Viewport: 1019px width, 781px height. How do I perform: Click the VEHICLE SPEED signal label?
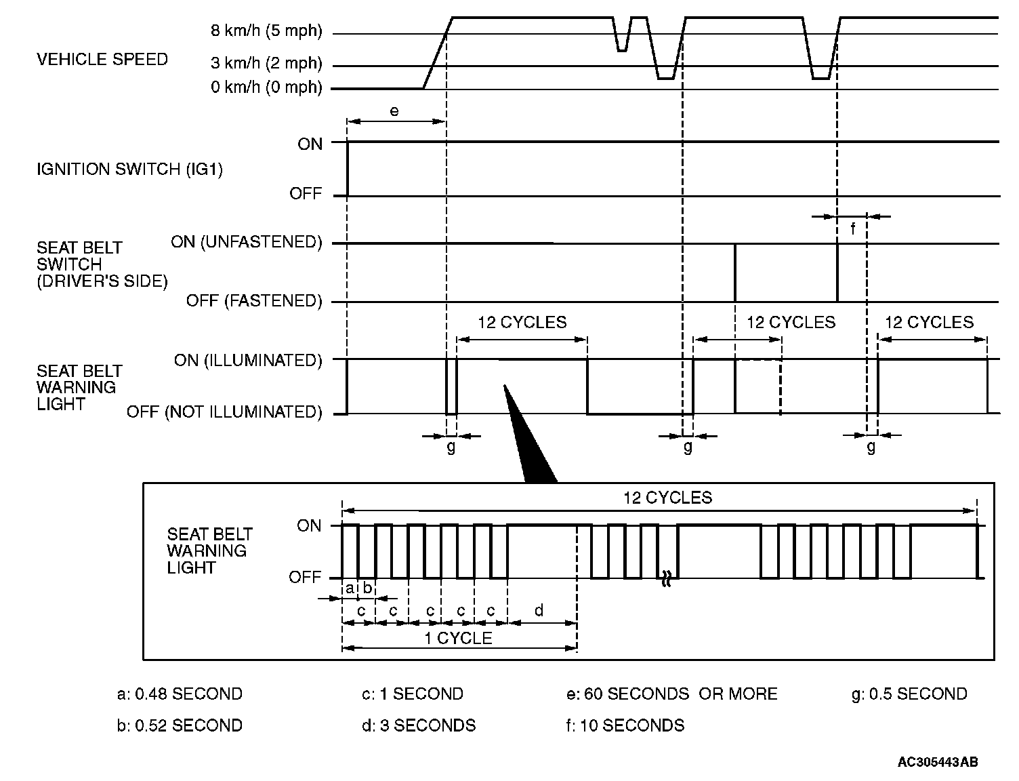pos(102,60)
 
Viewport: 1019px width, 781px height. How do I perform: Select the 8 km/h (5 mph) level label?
pos(266,31)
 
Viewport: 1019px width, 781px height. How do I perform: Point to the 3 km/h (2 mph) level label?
pos(266,64)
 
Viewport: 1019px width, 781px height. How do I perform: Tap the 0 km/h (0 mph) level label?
pos(266,88)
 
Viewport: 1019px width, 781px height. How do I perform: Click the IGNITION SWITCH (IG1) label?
pos(129,169)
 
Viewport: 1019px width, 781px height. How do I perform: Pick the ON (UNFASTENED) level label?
pos(247,242)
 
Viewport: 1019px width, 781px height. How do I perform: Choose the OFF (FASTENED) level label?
pos(254,300)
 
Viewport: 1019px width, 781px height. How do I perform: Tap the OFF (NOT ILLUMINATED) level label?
pos(224,412)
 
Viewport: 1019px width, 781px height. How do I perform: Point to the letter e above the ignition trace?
pos(394,111)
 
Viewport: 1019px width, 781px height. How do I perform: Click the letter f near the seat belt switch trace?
pos(852,229)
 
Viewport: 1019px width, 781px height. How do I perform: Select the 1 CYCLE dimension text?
pos(458,639)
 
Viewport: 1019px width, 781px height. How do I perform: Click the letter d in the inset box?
pos(539,611)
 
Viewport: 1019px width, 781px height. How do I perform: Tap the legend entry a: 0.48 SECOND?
pos(180,694)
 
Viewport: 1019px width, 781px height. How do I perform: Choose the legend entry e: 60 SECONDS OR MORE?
pos(671,694)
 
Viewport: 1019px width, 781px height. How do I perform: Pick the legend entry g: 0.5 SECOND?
pos(909,694)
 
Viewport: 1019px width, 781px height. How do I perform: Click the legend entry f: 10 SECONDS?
pos(625,725)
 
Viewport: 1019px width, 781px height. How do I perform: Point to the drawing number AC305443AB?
pos(938,763)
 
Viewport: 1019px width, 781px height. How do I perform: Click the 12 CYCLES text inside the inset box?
pos(667,498)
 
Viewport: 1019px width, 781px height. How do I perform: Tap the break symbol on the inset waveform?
pos(667,579)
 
